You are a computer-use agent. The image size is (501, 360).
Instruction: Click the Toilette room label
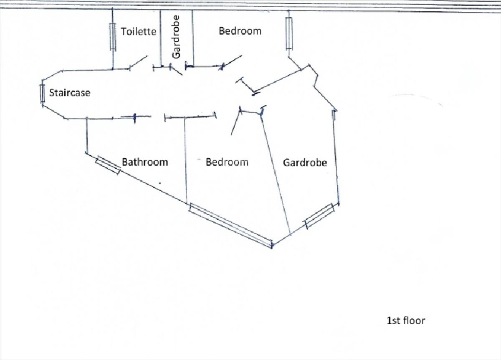pyautogui.click(x=139, y=32)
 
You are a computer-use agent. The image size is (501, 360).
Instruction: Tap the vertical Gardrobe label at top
pyautogui.click(x=176, y=37)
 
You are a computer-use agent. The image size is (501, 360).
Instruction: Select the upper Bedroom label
pyautogui.click(x=240, y=31)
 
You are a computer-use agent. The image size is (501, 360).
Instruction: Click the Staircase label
pyautogui.click(x=70, y=93)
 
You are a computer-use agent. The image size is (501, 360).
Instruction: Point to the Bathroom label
pyautogui.click(x=145, y=162)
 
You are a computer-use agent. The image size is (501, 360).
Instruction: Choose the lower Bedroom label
pyautogui.click(x=227, y=162)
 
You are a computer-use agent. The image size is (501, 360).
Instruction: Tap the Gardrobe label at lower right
pyautogui.click(x=305, y=162)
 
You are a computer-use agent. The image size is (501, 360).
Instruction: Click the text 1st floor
pyautogui.click(x=406, y=321)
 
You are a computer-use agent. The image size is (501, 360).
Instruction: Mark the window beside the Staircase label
pyautogui.click(x=42, y=93)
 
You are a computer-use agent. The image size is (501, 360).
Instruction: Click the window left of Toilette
pyautogui.click(x=113, y=37)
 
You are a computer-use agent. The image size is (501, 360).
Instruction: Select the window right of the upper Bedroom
pyautogui.click(x=289, y=33)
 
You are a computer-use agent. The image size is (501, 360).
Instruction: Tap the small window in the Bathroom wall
pyautogui.click(x=108, y=165)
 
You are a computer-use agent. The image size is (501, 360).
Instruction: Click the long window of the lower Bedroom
pyautogui.click(x=231, y=225)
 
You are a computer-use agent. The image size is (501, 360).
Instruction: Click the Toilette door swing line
pyautogui.click(x=138, y=61)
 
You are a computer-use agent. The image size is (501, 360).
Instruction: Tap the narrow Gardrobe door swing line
pyautogui.click(x=177, y=71)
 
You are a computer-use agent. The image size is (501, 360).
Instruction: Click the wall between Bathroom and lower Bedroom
pyautogui.click(x=185, y=160)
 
